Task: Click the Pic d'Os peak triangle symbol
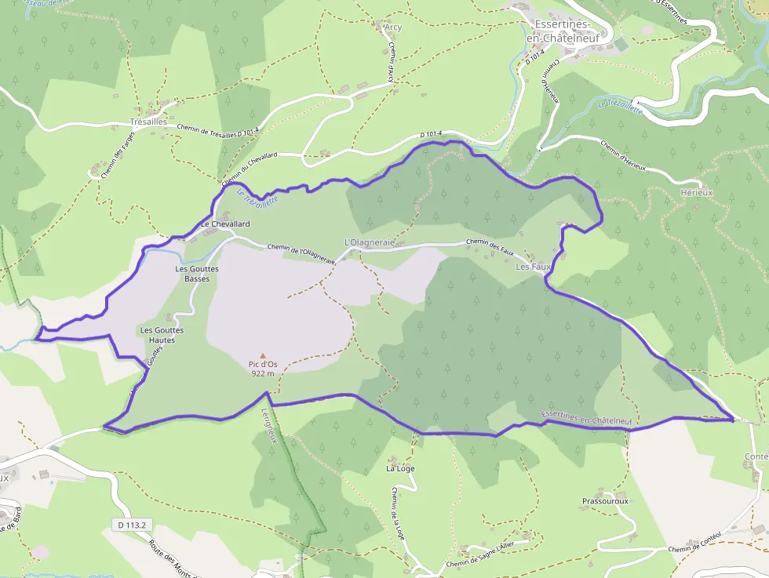(x=263, y=355)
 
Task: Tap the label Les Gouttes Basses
(x=197, y=273)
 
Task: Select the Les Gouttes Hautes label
(x=162, y=335)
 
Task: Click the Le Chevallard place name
(x=225, y=224)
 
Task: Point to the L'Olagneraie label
(x=369, y=243)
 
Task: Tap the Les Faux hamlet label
(x=534, y=267)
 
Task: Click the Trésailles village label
(x=149, y=122)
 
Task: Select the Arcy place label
(x=393, y=27)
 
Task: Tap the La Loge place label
(x=400, y=468)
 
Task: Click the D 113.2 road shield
(x=130, y=524)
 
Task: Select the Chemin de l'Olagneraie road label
(x=302, y=252)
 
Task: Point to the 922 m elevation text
(x=263, y=373)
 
